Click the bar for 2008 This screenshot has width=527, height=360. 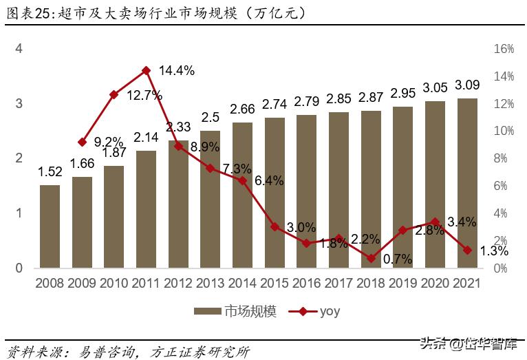(50, 226)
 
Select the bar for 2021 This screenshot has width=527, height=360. (466, 183)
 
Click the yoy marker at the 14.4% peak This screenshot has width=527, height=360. (146, 70)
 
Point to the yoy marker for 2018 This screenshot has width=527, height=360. (371, 258)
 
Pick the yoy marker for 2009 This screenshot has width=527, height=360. (82, 142)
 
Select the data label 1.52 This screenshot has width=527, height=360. (50, 172)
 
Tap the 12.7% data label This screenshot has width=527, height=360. (144, 95)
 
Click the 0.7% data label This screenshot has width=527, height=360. (398, 260)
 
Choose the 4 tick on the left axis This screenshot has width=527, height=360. (19, 49)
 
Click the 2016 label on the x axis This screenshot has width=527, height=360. (306, 283)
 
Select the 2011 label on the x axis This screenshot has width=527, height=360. (146, 283)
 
